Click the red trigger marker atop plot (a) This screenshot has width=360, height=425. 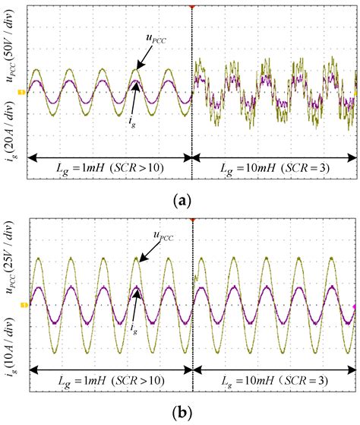tap(192, 5)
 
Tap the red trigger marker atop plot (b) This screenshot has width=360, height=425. tap(192, 217)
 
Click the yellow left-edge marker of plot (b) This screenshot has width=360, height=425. tap(22, 306)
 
